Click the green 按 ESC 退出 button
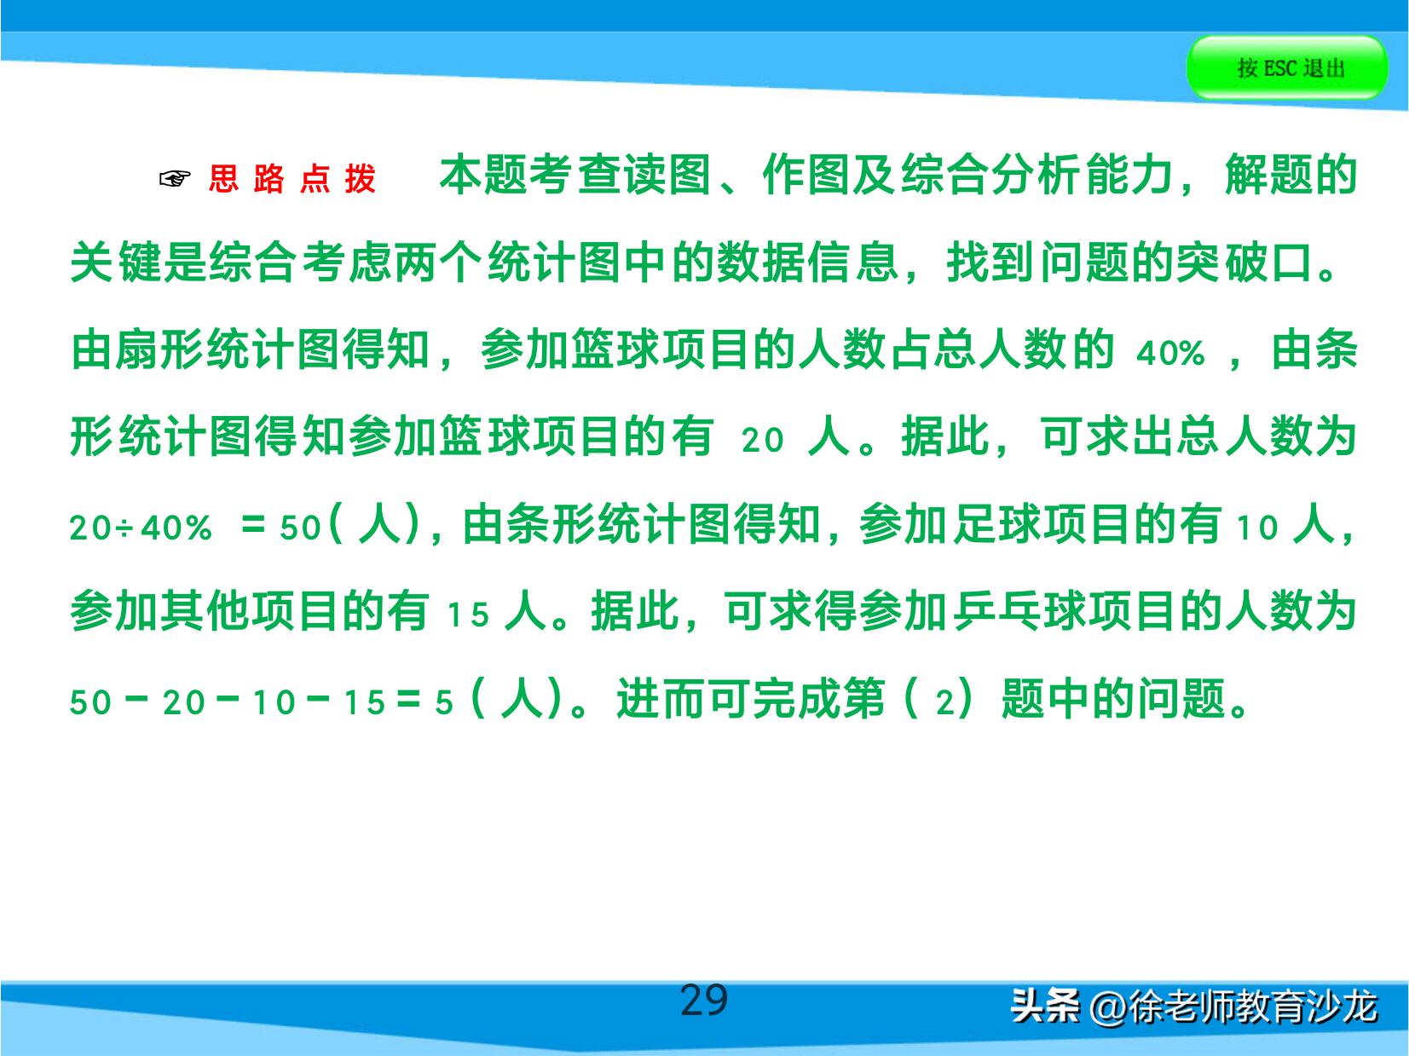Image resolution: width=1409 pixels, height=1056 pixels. [1286, 67]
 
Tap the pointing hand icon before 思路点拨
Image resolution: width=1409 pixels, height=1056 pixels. [175, 179]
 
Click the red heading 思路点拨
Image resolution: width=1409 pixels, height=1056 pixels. [292, 179]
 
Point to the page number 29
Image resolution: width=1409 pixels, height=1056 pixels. [703, 1001]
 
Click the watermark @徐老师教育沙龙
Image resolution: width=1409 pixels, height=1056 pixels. [1233, 1007]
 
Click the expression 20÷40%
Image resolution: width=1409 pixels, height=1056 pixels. [141, 528]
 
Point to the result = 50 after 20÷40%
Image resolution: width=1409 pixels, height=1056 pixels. [281, 528]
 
